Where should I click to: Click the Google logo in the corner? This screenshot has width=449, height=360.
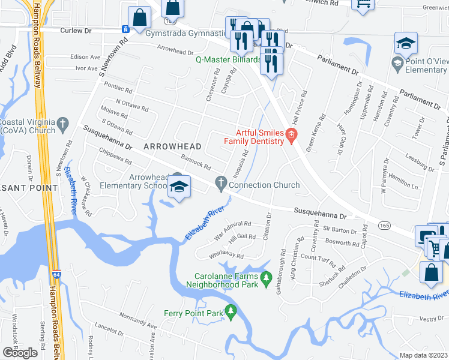coord(20,352)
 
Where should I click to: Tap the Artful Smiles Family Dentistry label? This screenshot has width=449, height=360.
coord(253,137)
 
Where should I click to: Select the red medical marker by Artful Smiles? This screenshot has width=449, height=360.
coord(291,135)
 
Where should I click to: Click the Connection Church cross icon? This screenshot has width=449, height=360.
coord(222,185)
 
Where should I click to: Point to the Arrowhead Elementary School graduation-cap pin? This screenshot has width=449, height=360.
coord(178,187)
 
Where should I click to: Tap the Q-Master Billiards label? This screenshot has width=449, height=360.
coord(228,60)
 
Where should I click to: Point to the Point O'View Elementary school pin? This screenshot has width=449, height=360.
coord(406,43)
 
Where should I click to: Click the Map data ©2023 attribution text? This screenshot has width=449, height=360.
coord(424,355)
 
